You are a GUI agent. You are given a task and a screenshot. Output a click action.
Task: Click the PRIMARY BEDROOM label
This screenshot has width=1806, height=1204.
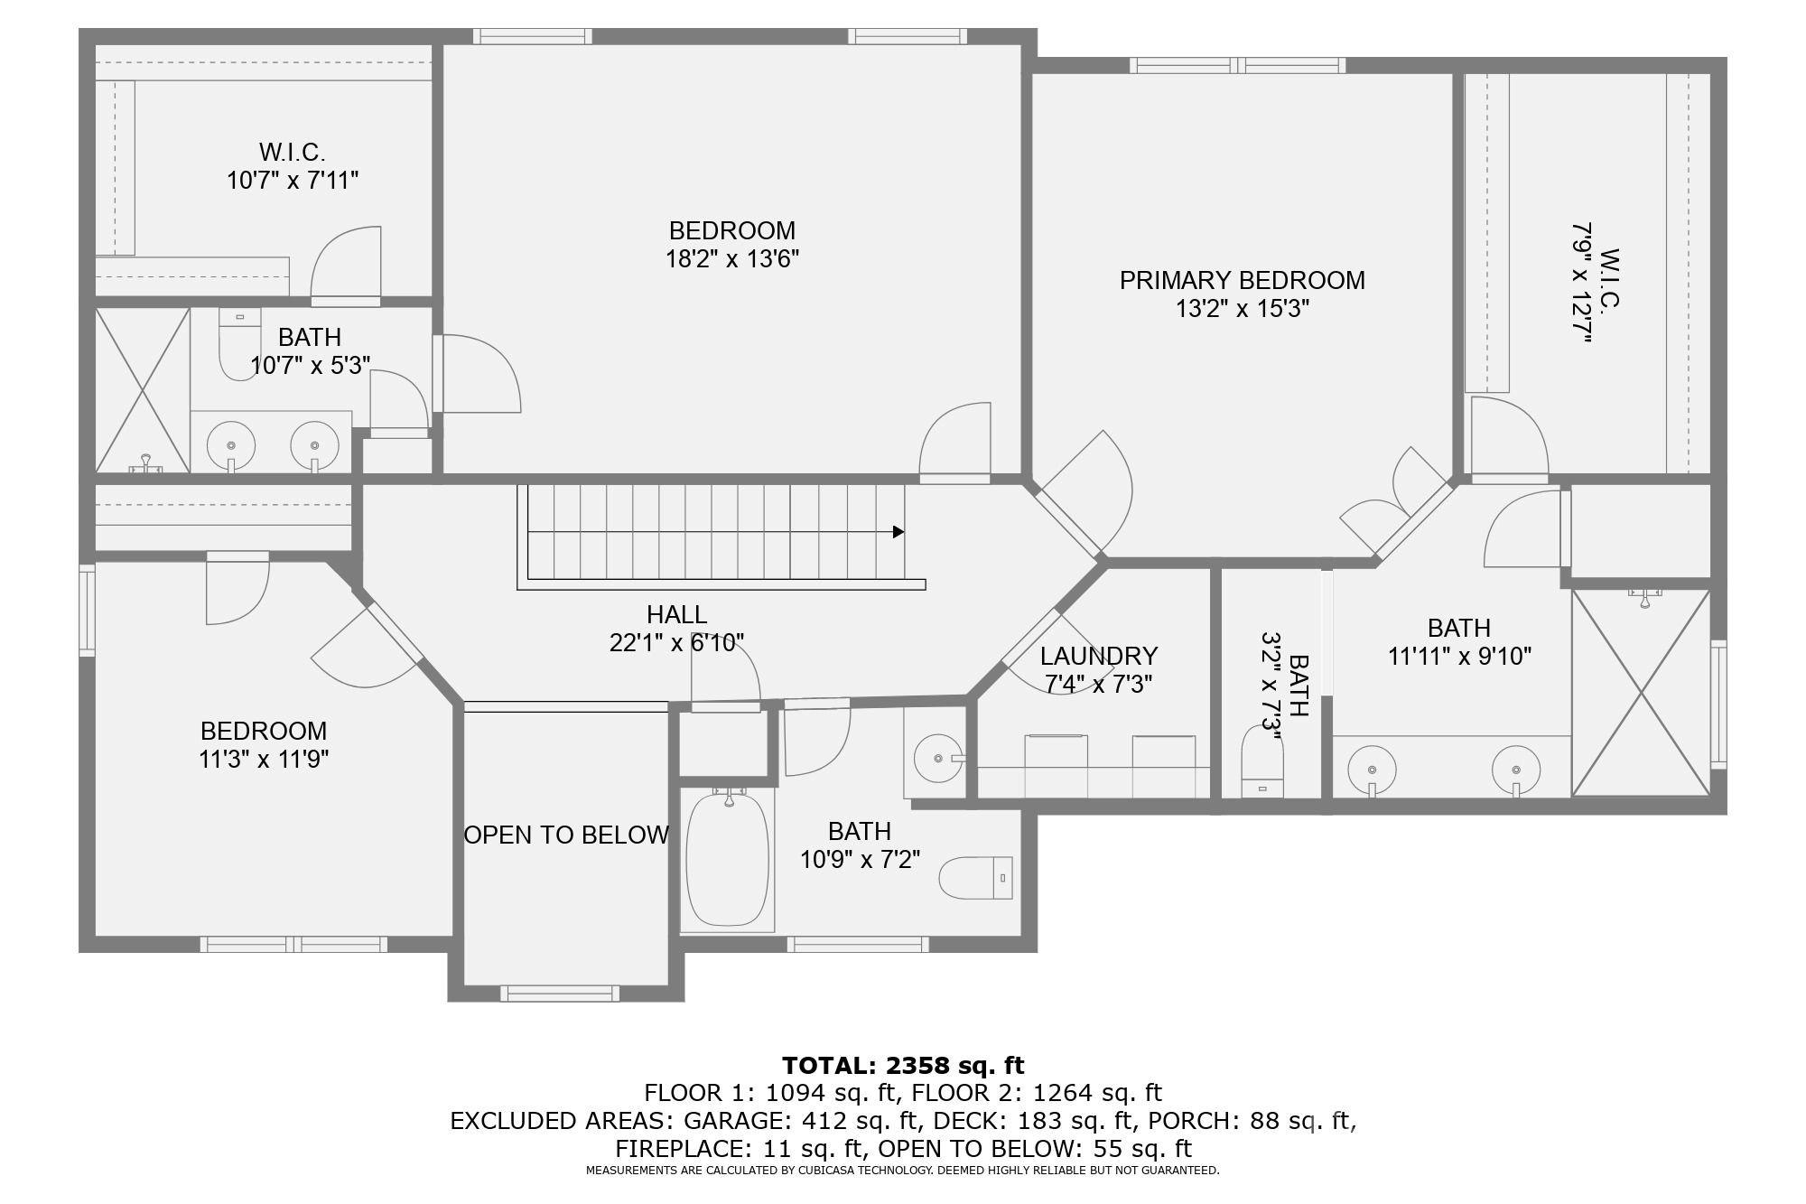click(x=1242, y=280)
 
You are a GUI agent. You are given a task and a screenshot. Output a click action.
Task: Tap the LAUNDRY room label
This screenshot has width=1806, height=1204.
click(x=1098, y=656)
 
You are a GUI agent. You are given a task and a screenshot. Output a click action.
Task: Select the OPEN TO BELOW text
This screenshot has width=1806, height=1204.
click(x=566, y=835)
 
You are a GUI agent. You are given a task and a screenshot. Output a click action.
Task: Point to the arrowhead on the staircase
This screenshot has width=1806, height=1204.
click(x=898, y=532)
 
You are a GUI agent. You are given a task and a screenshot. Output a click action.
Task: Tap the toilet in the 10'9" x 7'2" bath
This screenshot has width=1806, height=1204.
click(x=976, y=877)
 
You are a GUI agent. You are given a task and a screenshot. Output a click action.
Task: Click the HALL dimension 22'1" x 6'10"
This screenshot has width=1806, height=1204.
click(x=676, y=643)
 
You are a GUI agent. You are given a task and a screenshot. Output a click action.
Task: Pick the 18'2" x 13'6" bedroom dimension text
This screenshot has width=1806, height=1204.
click(x=731, y=259)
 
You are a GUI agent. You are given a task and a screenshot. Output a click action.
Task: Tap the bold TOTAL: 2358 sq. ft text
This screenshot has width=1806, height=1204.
click(x=903, y=1065)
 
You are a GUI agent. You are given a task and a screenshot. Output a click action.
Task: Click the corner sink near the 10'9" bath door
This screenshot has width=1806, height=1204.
click(x=937, y=758)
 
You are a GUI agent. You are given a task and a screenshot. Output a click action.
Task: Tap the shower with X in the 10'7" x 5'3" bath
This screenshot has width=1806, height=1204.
click(x=142, y=390)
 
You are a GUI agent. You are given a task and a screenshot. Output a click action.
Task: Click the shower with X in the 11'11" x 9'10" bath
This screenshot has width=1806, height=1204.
click(x=1641, y=693)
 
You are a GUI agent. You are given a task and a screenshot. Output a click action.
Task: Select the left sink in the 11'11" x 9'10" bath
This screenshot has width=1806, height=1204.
click(x=1372, y=770)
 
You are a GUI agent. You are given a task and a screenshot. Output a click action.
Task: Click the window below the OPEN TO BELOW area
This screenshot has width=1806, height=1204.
click(x=560, y=994)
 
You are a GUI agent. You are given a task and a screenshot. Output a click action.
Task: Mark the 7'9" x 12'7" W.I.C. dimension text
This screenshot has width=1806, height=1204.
click(x=1580, y=282)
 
